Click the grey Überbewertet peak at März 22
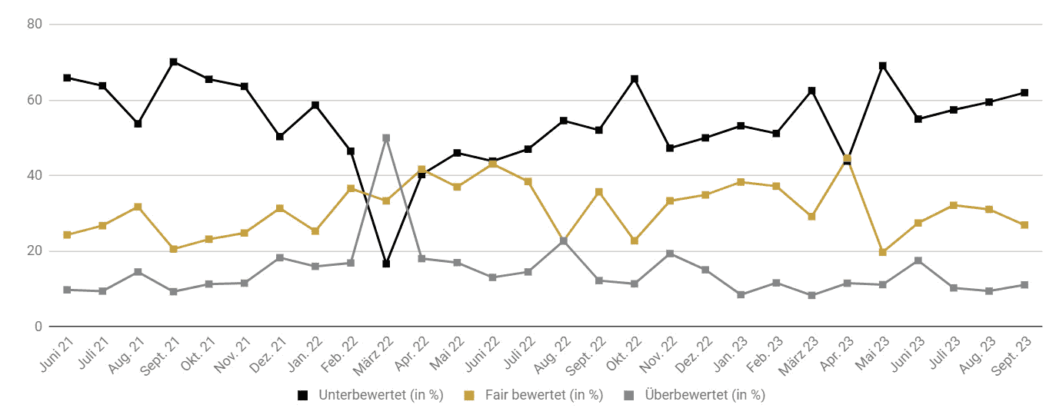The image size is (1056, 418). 386,138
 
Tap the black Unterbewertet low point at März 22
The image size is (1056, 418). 386,264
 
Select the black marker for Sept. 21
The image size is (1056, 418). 174,62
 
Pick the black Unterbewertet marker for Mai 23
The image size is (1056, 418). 882,66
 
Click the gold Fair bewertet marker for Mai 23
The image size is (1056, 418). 882,252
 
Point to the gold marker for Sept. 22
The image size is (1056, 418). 598,191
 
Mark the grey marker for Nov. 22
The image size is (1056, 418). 670,254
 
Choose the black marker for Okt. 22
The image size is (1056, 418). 635,79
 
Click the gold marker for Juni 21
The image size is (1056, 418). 67,234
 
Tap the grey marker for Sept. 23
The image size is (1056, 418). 1024,285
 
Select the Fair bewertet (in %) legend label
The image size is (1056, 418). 544,395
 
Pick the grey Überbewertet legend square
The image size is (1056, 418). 628,396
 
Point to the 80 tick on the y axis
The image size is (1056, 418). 35,24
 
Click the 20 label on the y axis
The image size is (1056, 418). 35,251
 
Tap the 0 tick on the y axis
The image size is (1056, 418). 38,327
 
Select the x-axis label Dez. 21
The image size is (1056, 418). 268,355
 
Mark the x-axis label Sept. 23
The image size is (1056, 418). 1011,357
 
